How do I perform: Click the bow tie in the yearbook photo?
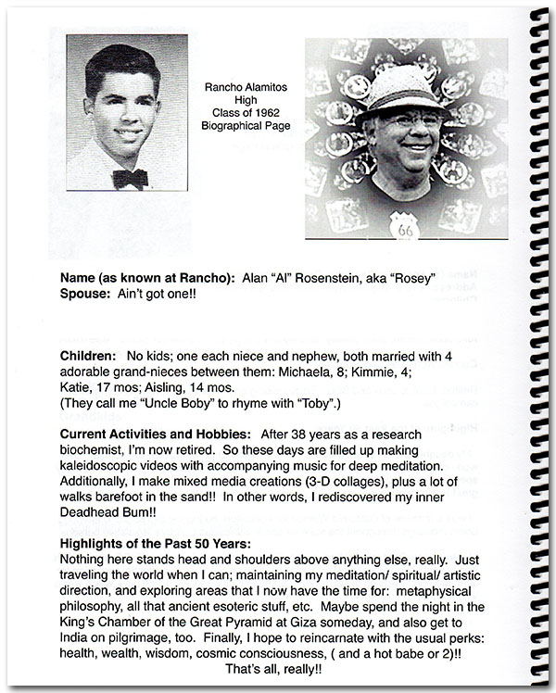(129, 177)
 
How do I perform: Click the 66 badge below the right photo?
(404, 226)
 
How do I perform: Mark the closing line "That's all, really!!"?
(279, 667)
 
